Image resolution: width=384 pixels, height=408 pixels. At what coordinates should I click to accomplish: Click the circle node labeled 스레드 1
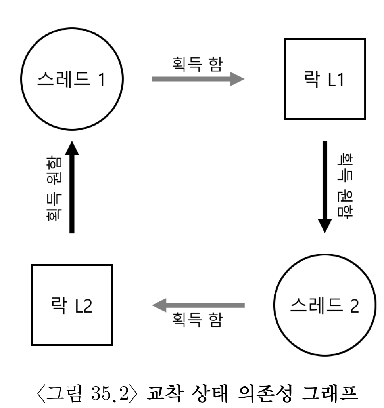(x=72, y=80)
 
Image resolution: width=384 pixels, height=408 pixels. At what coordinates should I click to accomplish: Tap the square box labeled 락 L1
(x=325, y=79)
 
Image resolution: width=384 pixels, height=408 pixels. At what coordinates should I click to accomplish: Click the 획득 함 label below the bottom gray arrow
(x=196, y=320)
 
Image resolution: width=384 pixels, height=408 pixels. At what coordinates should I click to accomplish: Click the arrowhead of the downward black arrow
(x=325, y=226)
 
